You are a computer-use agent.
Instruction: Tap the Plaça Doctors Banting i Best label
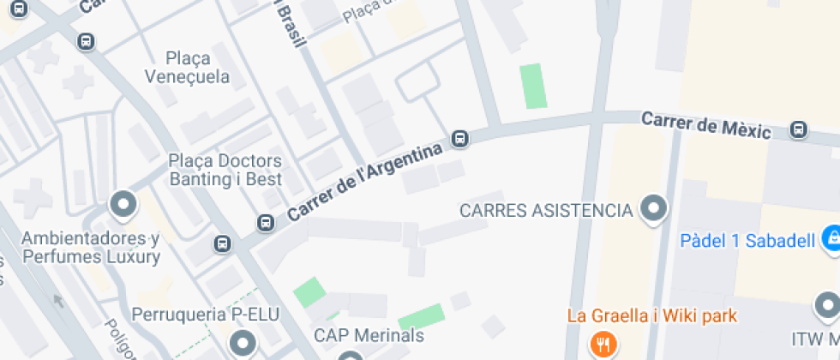(225, 170)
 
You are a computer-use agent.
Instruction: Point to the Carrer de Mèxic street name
(706, 125)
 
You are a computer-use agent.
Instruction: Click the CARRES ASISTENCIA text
(546, 210)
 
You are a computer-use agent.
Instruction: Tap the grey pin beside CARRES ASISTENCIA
(655, 208)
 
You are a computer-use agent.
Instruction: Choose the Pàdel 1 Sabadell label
(747, 241)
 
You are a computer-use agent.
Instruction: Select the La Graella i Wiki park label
(651, 315)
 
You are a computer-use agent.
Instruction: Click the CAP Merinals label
(369, 335)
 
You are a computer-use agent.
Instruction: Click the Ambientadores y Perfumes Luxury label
(91, 246)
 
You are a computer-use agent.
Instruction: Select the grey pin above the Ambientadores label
(123, 206)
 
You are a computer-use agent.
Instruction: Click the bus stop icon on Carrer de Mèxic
(799, 129)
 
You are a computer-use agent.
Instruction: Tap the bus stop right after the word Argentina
(460, 139)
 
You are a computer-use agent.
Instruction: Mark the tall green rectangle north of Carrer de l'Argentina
(532, 86)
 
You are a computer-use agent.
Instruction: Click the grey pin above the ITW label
(827, 305)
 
